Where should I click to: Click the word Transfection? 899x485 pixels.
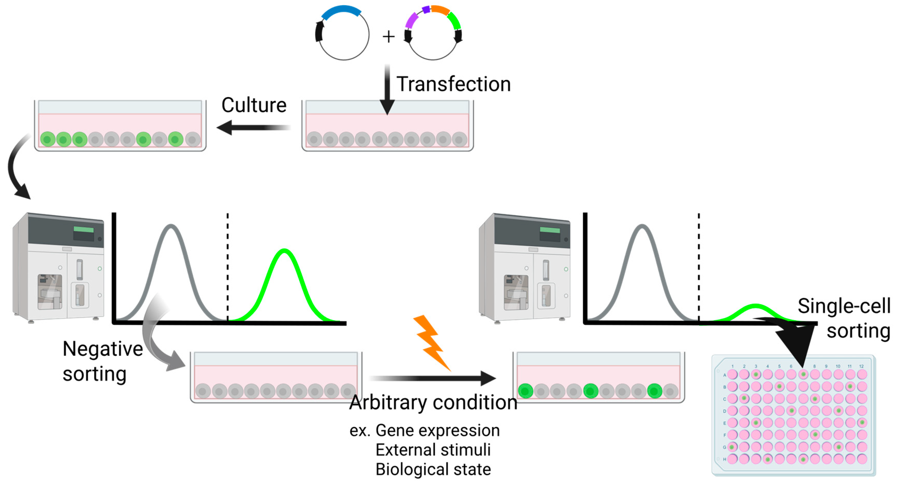[x=453, y=84]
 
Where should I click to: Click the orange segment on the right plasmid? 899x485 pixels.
[x=440, y=10]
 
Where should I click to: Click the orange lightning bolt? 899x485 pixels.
[x=431, y=342]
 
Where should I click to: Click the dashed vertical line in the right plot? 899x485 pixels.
[x=699, y=265]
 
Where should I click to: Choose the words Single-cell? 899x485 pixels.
[x=844, y=306]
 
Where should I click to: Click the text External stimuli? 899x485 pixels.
[x=433, y=450]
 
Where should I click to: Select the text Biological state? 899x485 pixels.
[x=433, y=469]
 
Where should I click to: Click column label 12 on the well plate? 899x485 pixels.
[x=861, y=366]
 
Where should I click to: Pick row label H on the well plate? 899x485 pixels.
[x=725, y=459]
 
